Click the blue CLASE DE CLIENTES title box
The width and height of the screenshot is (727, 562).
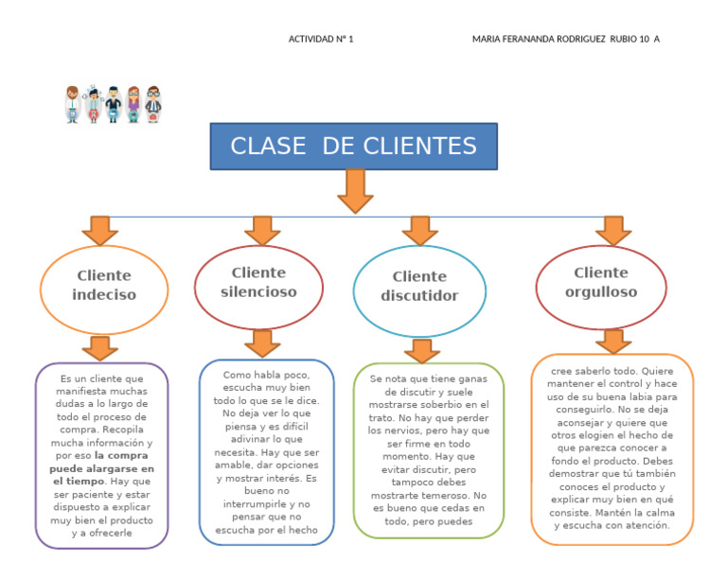click(x=353, y=147)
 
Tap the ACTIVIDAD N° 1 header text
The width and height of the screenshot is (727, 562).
click(x=320, y=39)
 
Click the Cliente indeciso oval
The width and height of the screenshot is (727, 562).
click(x=104, y=285)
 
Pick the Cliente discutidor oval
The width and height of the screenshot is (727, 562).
click(x=418, y=286)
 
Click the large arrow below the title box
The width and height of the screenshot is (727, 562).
click(x=355, y=190)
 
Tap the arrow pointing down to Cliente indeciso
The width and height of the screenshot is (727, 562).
click(x=99, y=230)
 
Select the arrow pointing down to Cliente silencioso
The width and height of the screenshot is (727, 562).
click(x=262, y=230)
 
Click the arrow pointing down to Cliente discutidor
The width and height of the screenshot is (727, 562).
click(x=419, y=230)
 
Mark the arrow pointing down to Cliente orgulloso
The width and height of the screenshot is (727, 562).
click(x=613, y=230)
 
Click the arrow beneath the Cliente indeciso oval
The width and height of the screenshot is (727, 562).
click(x=98, y=347)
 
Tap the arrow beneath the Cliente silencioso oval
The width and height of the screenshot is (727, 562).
click(x=262, y=342)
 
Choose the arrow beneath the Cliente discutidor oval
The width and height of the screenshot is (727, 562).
click(x=421, y=349)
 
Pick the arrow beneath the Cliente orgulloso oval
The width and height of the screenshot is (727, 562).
click(x=613, y=341)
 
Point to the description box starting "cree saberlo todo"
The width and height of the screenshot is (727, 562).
click(x=612, y=448)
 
